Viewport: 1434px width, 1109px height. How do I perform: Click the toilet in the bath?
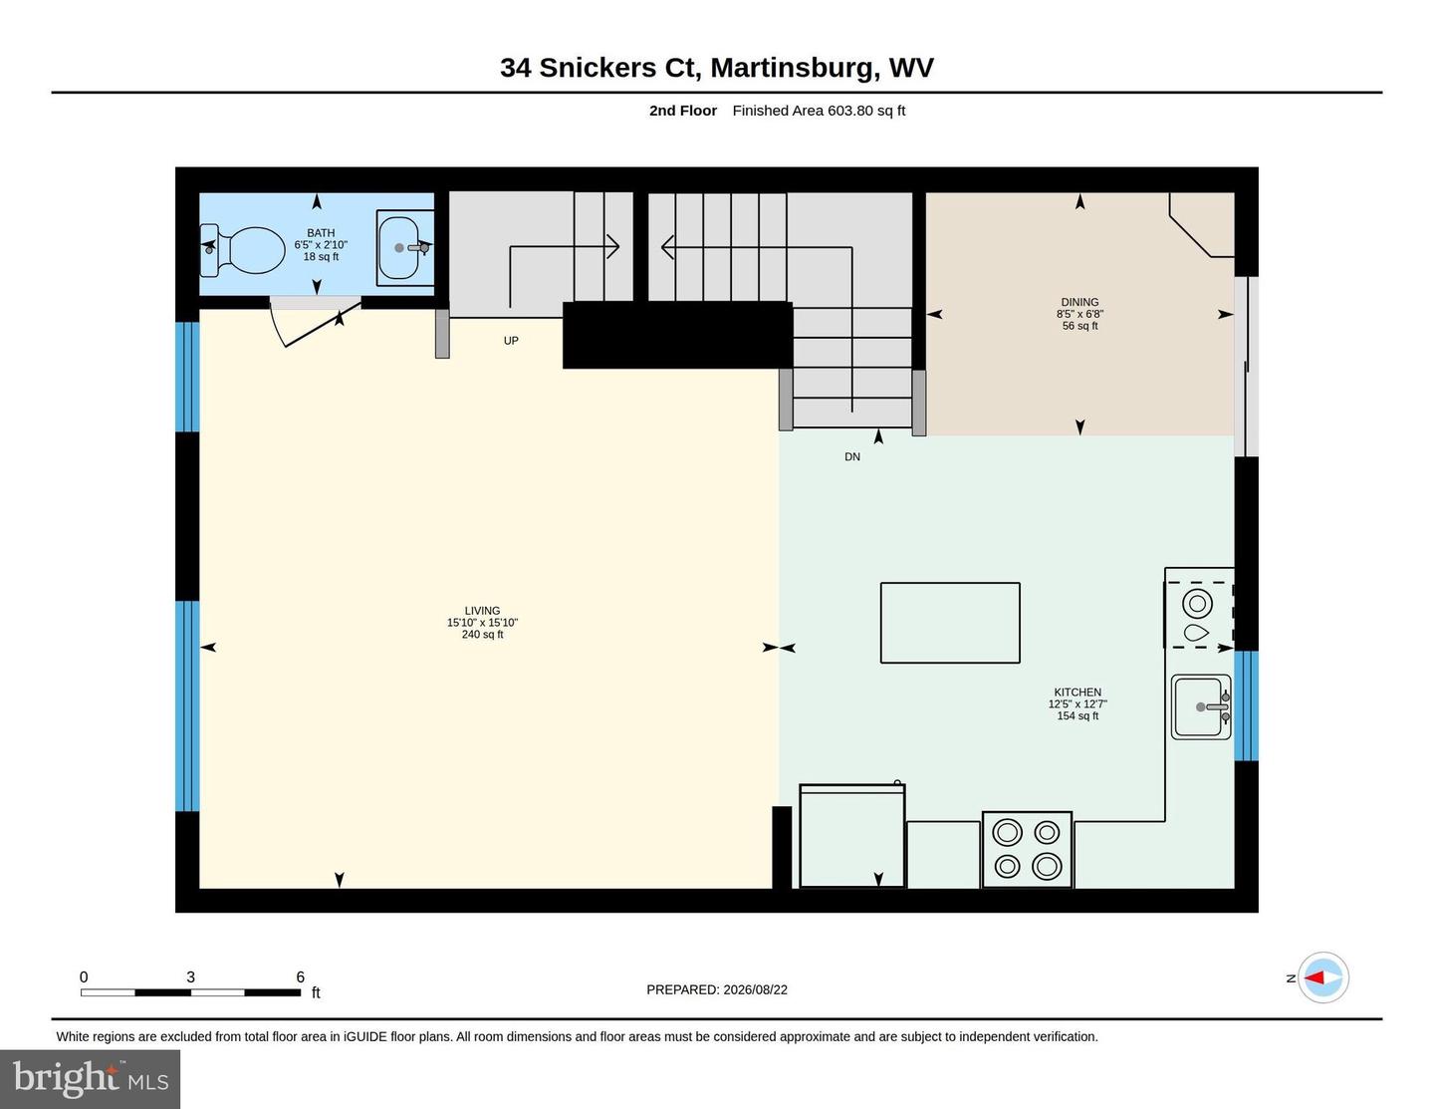coord(243,250)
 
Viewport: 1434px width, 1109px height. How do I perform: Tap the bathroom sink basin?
coord(398,248)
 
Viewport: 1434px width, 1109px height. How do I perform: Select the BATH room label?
coord(321,233)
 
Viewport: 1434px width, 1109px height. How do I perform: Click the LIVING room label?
coord(482,611)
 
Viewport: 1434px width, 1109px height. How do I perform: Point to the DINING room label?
coord(1079,302)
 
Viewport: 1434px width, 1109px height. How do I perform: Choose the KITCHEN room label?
coord(1077,692)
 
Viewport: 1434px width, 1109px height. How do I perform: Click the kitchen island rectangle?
coord(950,623)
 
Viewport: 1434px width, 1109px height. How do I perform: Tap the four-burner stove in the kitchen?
coord(1027,850)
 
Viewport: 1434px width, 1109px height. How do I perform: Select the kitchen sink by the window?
coord(1201,706)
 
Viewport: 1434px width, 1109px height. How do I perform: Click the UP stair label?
coord(511,341)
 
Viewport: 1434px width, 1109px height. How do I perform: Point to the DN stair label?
coord(852,456)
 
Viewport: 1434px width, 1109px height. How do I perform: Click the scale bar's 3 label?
coord(191,976)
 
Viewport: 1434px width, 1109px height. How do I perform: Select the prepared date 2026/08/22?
coord(755,989)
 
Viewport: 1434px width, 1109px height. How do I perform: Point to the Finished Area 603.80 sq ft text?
coord(819,111)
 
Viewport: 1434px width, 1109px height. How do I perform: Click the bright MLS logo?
coord(91,1078)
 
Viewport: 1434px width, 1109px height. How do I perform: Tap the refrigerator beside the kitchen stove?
coord(852,836)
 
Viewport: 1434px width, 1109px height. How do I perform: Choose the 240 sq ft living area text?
coord(482,635)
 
